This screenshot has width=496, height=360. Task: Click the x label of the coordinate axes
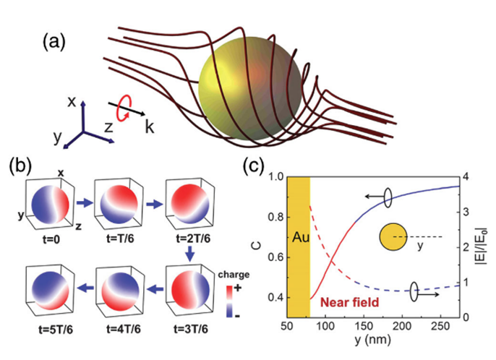(x=72, y=102)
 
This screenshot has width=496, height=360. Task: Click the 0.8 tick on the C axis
(x=274, y=216)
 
